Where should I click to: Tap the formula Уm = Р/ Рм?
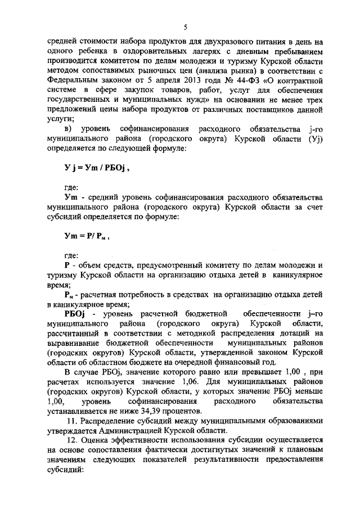[x=87, y=237]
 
